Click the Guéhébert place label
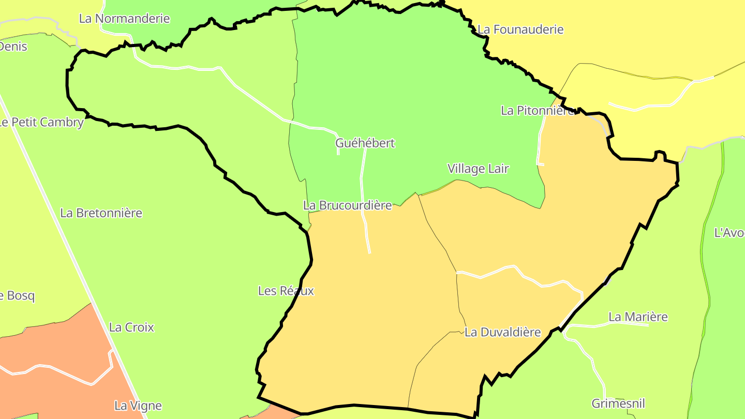pos(365,143)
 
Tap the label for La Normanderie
pos(124,19)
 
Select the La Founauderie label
pos(520,29)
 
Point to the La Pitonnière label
pos(537,110)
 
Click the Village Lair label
pos(478,169)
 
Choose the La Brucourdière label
pos(347,205)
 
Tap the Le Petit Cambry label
pos(41,123)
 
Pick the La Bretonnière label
pos(101,213)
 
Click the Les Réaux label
pos(286,291)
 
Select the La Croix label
pos(131,327)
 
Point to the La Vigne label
pos(138,406)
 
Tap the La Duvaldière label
pos(502,333)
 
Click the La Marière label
pos(638,317)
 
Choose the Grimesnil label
pos(618,403)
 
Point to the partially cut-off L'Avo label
pos(729,233)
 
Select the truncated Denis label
pos(13,47)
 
